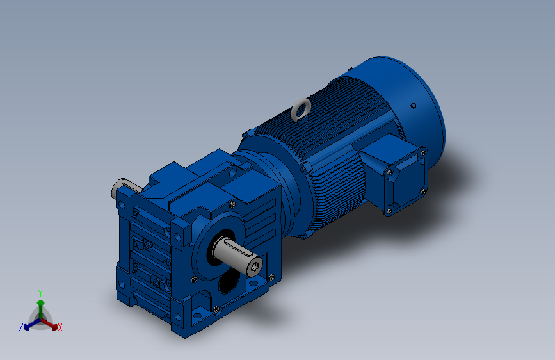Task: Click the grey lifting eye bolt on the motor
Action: click(x=302, y=109)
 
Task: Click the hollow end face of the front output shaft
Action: click(x=255, y=267)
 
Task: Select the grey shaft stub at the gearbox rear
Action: click(x=124, y=188)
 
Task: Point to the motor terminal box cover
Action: click(x=407, y=182)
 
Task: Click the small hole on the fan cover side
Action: click(x=413, y=106)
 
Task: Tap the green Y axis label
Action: click(x=40, y=293)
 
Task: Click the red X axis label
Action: click(x=60, y=328)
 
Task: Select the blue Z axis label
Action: click(x=21, y=327)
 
